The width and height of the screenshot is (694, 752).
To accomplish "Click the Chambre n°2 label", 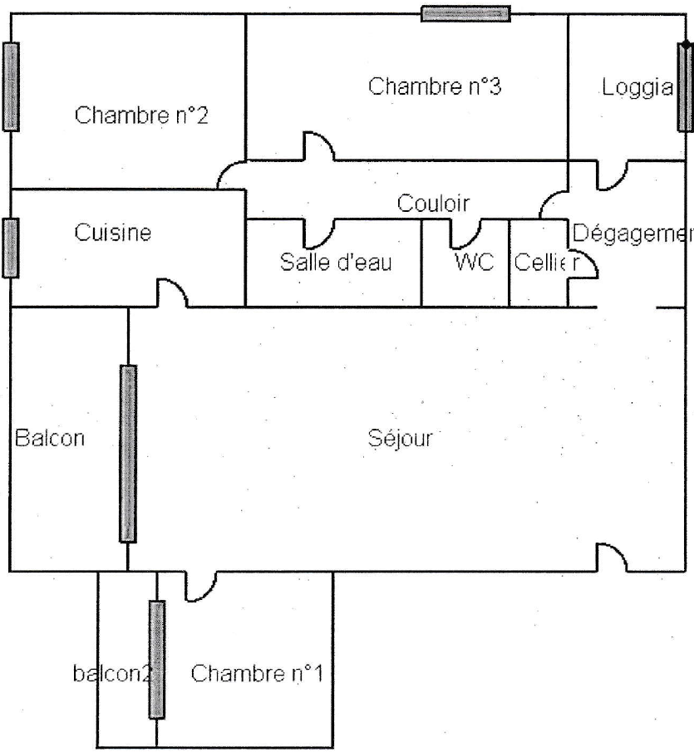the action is tap(141, 116).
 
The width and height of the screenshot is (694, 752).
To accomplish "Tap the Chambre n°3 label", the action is tap(435, 86).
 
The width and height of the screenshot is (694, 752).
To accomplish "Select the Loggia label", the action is tap(637, 88).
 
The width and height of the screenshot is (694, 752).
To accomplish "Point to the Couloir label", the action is tap(433, 204).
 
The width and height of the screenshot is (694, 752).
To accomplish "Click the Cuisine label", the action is tap(113, 233).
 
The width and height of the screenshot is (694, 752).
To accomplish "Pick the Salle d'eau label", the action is tap(336, 262).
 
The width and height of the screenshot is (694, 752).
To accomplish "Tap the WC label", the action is tap(474, 262).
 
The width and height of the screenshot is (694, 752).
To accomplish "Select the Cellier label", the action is tap(547, 263).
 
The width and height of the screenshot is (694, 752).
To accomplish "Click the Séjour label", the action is tap(400, 438).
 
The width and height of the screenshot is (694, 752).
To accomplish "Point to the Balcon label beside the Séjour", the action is tap(50, 438).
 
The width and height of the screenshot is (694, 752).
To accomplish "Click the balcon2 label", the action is tap(112, 673).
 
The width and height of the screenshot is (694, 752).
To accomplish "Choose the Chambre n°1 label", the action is tap(257, 673).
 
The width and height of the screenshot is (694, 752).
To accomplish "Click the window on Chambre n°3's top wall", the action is tap(465, 13).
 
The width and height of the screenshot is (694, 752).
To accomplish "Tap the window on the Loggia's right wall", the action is tap(685, 86).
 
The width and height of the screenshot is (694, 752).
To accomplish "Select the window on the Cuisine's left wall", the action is tap(11, 248).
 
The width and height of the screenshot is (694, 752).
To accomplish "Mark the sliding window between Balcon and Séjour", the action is tap(127, 454).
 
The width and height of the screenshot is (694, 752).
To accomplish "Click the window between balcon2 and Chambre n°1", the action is tap(157, 660).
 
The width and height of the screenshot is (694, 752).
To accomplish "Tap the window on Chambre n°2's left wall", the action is tap(11, 86).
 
